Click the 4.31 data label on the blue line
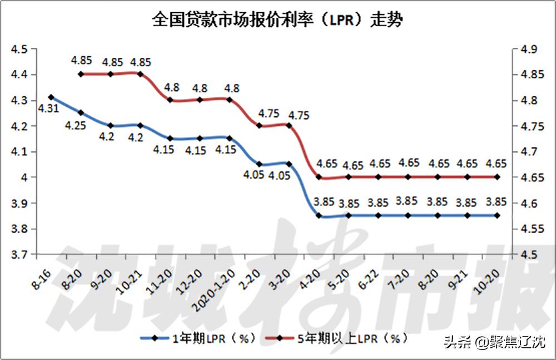(48, 109)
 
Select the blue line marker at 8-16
(51, 97)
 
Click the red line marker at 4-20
(319, 177)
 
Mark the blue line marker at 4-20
(319, 215)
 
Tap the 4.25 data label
(75, 125)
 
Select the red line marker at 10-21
(140, 74)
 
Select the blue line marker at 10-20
(497, 215)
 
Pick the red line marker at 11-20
(170, 100)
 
